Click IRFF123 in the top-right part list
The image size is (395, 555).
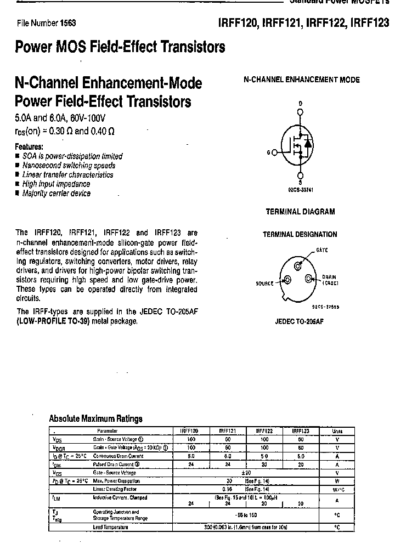point(369,23)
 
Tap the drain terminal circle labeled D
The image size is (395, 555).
point(300,114)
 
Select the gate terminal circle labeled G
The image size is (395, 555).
point(274,154)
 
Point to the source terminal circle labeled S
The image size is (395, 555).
point(300,175)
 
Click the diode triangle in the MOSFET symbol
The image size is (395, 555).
point(308,144)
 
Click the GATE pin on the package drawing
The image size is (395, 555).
point(298,266)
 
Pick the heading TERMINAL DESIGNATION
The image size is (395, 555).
point(300,234)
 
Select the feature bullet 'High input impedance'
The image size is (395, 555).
point(56,184)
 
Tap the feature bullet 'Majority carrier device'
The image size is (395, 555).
point(56,194)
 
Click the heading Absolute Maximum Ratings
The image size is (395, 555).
point(95,418)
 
